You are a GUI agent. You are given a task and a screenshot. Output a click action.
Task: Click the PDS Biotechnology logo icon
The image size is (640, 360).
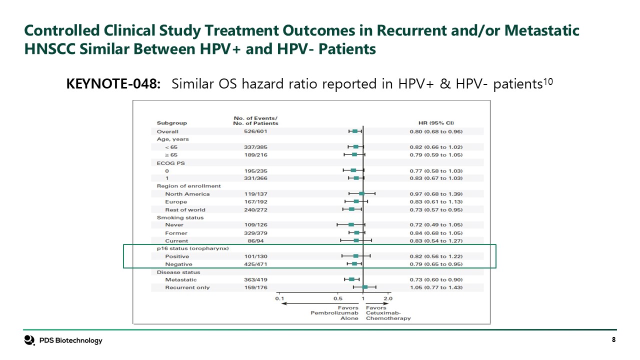pyautogui.click(x=29, y=340)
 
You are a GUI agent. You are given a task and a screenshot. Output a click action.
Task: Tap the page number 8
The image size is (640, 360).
pyautogui.click(x=613, y=339)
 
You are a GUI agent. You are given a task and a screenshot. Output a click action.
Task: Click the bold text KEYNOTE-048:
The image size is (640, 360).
pyautogui.click(x=113, y=84)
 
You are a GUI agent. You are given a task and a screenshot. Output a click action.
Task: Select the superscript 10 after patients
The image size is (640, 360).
pyautogui.click(x=548, y=82)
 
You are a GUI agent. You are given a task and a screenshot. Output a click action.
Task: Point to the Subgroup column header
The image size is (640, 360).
pyautogui.click(x=171, y=123)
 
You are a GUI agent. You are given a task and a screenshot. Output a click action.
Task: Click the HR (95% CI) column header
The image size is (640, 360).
pyautogui.click(x=436, y=123)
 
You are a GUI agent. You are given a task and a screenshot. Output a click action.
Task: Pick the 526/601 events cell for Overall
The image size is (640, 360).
pyautogui.click(x=255, y=131)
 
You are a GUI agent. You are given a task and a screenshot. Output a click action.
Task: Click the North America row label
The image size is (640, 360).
pyautogui.click(x=187, y=194)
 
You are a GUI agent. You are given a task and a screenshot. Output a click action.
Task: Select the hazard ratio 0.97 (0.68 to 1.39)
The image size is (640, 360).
pyautogui.click(x=436, y=194)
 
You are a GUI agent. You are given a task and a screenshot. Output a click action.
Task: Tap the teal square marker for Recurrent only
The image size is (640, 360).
pyautogui.click(x=365, y=287)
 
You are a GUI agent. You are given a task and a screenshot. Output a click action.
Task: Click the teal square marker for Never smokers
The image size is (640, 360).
pyautogui.click(x=351, y=224)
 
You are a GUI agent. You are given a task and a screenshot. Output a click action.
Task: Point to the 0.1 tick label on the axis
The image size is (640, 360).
pyautogui.click(x=279, y=298)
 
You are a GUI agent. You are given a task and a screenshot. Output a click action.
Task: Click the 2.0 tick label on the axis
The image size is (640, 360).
pyautogui.click(x=388, y=298)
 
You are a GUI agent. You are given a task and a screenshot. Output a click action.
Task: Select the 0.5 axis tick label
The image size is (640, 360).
pyautogui.click(x=337, y=298)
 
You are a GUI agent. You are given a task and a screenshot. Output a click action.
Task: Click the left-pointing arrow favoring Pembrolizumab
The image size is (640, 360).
pyautogui.click(x=320, y=303)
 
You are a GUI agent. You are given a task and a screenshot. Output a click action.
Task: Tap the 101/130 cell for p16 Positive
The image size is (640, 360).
pyautogui.click(x=255, y=256)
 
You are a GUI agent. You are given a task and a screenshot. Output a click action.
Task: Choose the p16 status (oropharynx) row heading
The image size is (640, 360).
pyautogui.click(x=193, y=248)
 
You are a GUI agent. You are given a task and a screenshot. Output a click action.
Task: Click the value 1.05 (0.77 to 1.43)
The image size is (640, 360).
pyautogui.click(x=436, y=287)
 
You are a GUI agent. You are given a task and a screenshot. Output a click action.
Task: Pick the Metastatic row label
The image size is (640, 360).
pyautogui.click(x=181, y=279)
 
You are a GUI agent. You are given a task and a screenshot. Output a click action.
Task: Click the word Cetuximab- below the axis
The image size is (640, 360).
pyautogui.click(x=383, y=313)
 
